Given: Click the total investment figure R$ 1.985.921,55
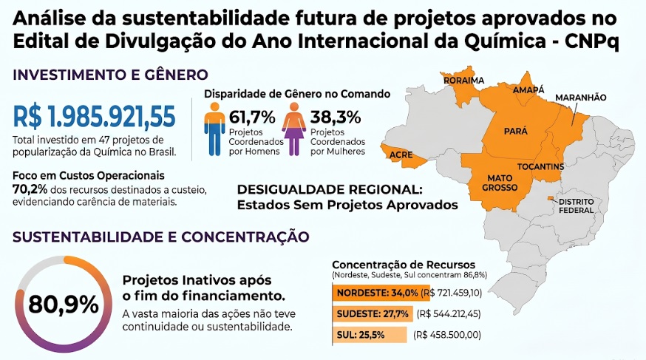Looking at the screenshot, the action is pos(95,117).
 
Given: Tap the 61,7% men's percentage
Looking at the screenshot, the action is pos(252,118).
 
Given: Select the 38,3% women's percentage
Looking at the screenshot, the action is pos(336,118).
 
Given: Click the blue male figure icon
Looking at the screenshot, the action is pos(214,129).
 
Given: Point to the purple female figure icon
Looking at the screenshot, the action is pos(293,129).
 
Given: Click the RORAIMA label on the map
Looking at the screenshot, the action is pos(464,81).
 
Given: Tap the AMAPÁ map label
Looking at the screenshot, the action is pos(528,89).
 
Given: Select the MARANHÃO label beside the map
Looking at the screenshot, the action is pos(581,98).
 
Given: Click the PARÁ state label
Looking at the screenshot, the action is pos(516,131).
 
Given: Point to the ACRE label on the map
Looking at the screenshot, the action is pos(401,155).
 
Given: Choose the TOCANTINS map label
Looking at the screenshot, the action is pos(540,167).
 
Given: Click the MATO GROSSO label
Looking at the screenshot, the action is pos(500,183).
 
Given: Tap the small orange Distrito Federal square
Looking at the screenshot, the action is pos(551,199).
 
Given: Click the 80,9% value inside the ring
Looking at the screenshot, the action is pos(64,305).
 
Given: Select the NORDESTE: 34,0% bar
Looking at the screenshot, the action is pos(381,293).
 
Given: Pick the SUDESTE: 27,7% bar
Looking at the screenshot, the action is pos(373,314).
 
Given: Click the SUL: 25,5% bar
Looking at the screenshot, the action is pos(369,335).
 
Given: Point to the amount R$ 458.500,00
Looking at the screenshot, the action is pos(447,335).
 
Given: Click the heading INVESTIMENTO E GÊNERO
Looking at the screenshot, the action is pos(110,75).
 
